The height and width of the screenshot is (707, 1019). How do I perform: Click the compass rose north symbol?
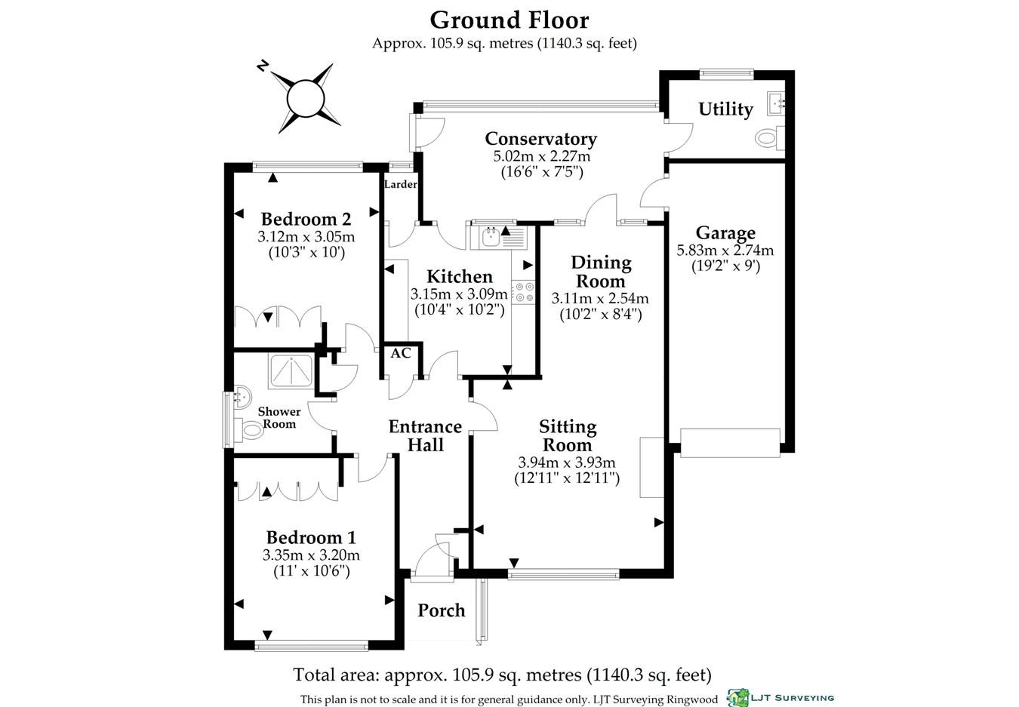click(306, 97)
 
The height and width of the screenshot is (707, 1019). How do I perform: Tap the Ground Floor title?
click(509, 20)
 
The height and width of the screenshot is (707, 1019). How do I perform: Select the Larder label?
click(400, 185)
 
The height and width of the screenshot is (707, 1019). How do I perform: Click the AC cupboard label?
click(401, 353)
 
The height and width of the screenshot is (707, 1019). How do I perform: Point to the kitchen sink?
click(490, 237)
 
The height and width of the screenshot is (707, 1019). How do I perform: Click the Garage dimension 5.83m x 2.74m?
click(725, 251)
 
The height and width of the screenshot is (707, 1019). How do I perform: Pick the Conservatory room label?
click(540, 139)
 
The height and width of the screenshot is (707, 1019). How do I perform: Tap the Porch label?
click(442, 610)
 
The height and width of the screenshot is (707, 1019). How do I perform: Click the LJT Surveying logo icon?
click(737, 698)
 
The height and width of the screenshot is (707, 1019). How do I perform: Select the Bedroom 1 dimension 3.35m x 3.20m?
click(311, 555)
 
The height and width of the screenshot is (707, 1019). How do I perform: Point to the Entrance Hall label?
click(426, 436)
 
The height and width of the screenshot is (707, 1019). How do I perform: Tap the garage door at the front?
click(730, 442)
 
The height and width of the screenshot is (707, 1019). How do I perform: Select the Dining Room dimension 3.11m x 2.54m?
click(600, 298)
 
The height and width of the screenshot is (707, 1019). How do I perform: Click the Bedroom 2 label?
click(306, 220)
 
